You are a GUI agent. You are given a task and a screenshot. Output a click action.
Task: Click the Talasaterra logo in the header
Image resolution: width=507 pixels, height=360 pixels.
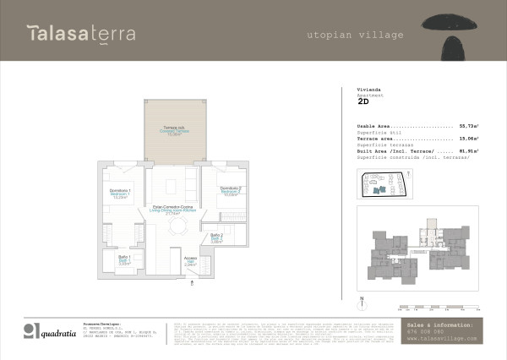81,35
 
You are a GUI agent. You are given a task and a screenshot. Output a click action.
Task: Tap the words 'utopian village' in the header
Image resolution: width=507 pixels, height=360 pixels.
355,35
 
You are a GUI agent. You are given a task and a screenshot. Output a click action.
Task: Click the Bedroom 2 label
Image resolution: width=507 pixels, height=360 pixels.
231,190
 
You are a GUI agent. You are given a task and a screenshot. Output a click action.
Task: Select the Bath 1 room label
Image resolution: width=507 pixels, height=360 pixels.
123,259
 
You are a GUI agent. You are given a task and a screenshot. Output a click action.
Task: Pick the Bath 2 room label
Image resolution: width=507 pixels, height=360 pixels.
216,238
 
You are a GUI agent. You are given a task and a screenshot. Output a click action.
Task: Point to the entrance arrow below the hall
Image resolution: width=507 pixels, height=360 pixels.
194,284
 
